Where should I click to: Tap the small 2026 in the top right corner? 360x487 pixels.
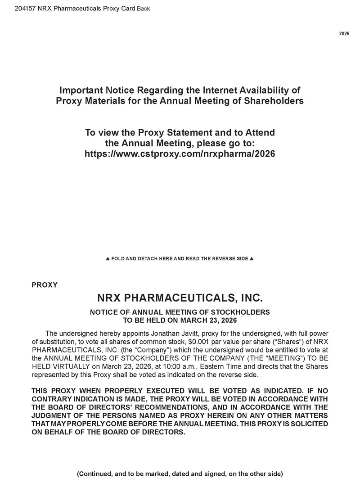point(344,34)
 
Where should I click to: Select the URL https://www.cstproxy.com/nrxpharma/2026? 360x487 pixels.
point(180,154)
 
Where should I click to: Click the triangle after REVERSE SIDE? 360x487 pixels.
point(252,259)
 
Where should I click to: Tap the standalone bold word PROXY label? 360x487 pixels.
point(45,285)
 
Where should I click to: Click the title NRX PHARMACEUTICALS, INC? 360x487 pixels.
point(180,298)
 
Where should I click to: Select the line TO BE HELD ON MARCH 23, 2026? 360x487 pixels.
point(180,320)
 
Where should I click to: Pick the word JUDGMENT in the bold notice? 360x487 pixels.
point(54,416)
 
